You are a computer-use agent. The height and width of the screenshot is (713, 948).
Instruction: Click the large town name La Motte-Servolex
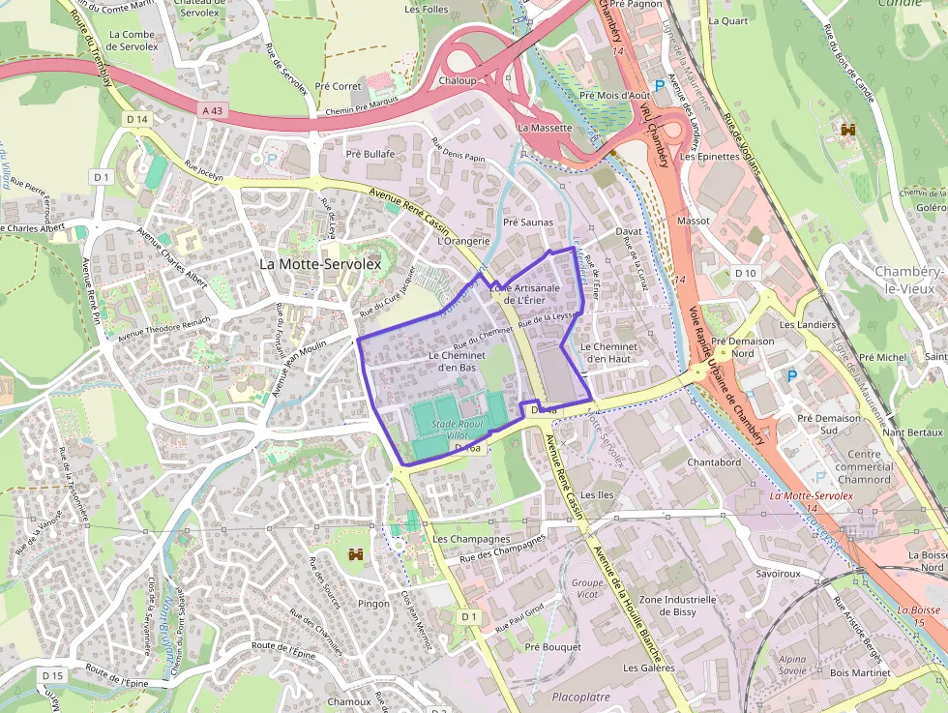tap(321, 263)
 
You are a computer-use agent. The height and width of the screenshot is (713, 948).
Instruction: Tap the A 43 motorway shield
tap(212, 111)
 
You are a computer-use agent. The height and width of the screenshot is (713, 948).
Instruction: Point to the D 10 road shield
tap(745, 273)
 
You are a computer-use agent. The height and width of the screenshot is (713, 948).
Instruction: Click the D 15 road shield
tap(52, 674)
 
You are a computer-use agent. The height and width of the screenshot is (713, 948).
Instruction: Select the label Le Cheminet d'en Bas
tap(454, 361)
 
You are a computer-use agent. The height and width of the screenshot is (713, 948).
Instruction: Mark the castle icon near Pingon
tap(355, 554)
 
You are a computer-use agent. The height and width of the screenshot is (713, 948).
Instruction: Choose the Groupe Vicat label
tap(587, 589)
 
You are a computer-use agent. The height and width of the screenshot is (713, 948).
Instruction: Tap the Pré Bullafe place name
tap(370, 154)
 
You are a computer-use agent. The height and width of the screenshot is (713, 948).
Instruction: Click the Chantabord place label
tap(714, 462)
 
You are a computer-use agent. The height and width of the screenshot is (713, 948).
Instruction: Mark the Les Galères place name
tap(648, 668)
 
